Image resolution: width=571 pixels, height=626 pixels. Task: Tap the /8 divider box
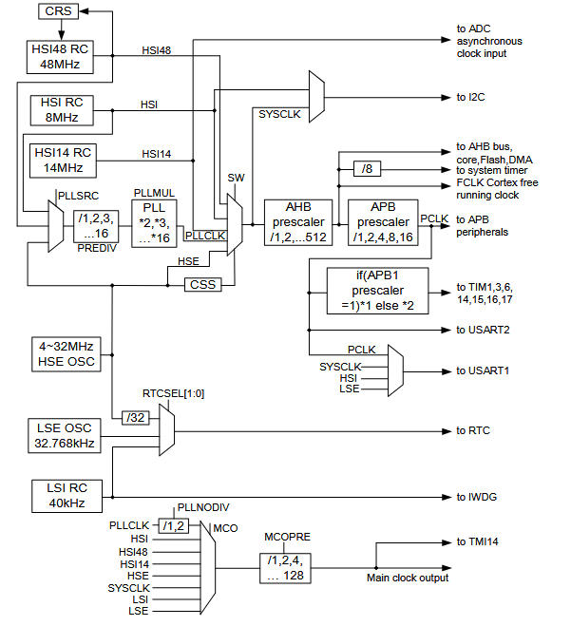coord(366,169)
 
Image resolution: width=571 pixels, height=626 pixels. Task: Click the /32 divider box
coord(132,416)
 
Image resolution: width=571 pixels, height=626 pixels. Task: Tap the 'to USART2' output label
coord(485,330)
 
